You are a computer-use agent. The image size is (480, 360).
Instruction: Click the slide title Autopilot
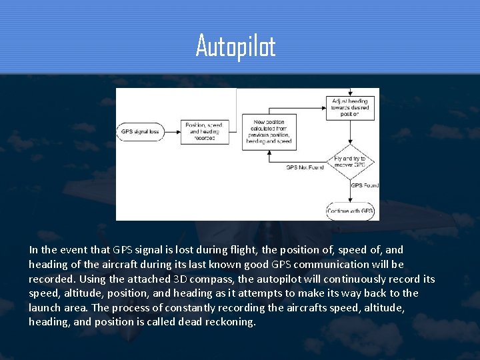[235, 46]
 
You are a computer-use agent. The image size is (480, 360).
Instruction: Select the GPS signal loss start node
[140, 131]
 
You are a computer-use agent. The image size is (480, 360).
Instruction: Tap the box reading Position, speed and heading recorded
[204, 131]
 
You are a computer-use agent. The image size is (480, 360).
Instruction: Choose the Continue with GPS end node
[352, 211]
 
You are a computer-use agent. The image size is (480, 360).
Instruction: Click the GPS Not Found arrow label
[305, 167]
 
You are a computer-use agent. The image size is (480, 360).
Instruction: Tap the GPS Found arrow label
[365, 185]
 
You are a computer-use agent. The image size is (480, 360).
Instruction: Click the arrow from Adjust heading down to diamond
[352, 132]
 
